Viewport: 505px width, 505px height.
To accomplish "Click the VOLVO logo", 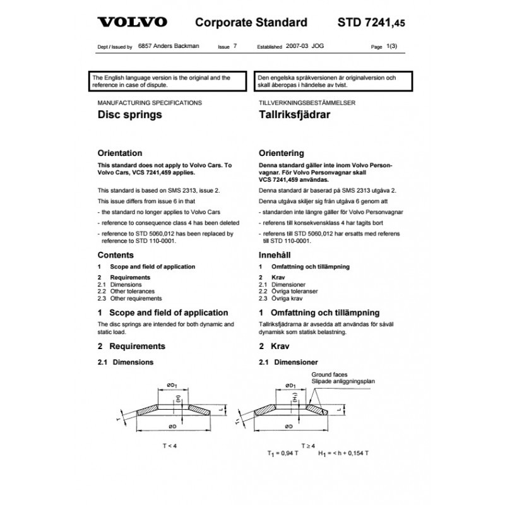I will [x=132, y=23].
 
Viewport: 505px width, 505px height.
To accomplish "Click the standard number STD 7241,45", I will [x=371, y=23].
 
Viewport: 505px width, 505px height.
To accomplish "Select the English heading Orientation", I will [x=120, y=153].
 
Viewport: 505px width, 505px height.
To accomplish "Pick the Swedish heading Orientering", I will [x=282, y=153].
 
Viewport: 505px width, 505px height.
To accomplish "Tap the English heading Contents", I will [x=116, y=255].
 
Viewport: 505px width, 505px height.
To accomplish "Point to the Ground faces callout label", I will [x=330, y=374].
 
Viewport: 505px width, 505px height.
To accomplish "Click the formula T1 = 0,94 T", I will [x=283, y=453].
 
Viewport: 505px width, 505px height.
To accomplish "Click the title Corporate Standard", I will [x=251, y=23].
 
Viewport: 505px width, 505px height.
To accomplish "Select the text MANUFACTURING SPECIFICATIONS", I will [x=150, y=102].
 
